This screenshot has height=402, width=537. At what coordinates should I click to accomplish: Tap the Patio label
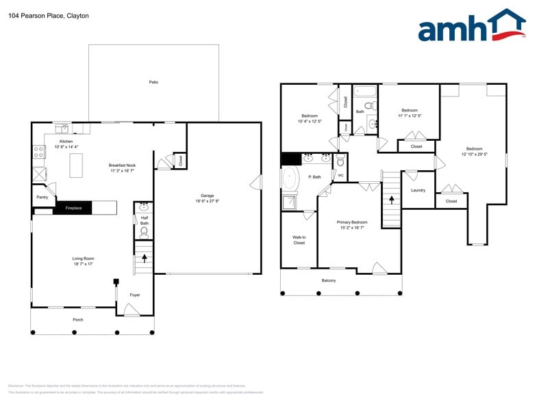(x=153, y=82)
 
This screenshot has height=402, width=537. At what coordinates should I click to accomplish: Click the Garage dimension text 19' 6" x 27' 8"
(x=207, y=201)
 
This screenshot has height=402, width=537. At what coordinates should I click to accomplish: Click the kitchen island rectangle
(x=76, y=165)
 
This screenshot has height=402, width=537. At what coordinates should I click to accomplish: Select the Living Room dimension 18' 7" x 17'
(x=82, y=263)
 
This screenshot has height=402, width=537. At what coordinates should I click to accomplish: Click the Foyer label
(x=135, y=295)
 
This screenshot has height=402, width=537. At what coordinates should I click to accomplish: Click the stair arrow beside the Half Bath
(x=144, y=258)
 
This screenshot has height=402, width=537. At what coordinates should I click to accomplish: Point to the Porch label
(x=78, y=319)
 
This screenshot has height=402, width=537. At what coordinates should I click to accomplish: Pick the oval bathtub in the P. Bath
(x=291, y=180)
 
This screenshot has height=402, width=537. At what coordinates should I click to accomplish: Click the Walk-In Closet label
(x=299, y=240)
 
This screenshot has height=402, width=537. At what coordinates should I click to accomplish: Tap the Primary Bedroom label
(x=351, y=222)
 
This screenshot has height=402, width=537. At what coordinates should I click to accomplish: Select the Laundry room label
(x=418, y=190)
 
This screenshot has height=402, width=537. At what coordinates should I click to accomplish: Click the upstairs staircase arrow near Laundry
(x=391, y=200)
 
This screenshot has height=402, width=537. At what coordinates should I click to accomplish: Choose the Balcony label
(x=329, y=280)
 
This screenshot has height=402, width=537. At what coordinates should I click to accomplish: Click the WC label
(x=340, y=175)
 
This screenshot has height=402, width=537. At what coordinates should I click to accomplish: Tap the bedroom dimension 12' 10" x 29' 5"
(x=474, y=154)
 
